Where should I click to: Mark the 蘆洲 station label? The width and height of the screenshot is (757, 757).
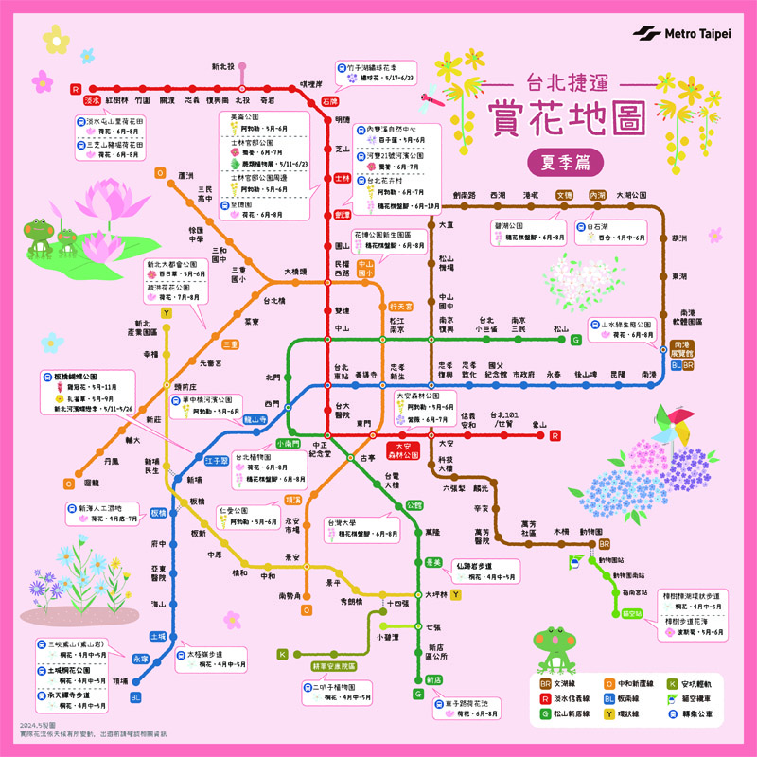185,175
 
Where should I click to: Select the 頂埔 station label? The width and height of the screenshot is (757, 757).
120,679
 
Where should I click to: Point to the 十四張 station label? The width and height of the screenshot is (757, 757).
397,603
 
